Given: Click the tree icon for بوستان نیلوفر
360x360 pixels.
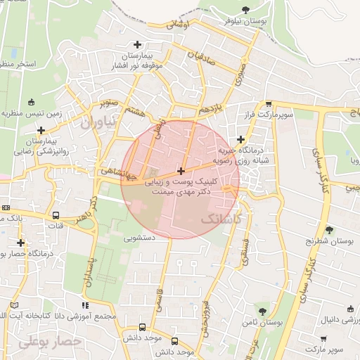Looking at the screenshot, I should tap(245, 10).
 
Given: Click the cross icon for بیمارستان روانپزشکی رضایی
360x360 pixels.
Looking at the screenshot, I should tap(41, 130).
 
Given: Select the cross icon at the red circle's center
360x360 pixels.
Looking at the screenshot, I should tap(181, 171).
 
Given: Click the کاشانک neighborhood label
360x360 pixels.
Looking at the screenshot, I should tap(220, 219).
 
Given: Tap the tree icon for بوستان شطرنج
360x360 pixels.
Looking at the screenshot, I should tap(329, 229).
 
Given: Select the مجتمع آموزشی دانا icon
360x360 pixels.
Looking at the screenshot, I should tap(86, 306).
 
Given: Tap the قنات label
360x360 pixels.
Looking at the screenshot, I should tap(55, 226).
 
